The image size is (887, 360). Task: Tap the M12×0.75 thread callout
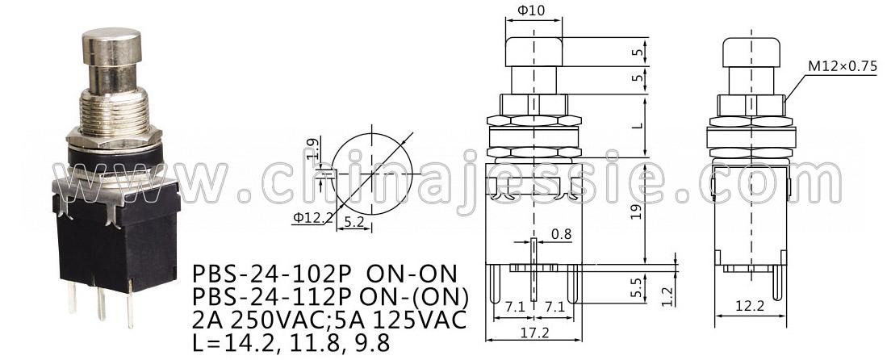coord(842,66)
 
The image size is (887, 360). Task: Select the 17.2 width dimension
coord(534,333)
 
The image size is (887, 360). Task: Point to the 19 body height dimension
coord(637,213)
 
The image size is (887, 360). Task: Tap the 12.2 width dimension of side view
coord(749,306)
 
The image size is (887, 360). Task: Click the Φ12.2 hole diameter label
coord(312,217)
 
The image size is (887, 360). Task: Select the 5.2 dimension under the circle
coord(354,223)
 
